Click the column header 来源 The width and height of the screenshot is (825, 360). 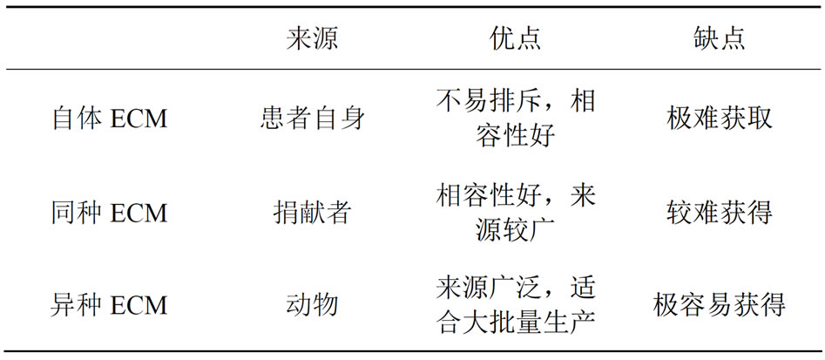pyautogui.click(x=312, y=38)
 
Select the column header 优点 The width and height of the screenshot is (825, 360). pyautogui.click(x=515, y=38)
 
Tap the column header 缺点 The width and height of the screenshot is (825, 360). pyautogui.click(x=719, y=38)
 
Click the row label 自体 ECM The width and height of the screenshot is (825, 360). pyautogui.click(x=110, y=119)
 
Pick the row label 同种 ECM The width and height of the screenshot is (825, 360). pyautogui.click(x=110, y=214)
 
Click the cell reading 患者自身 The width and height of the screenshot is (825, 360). pyautogui.click(x=312, y=119)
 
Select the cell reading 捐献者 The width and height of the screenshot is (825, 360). pyautogui.click(x=312, y=214)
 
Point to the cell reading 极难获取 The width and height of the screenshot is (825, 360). pyautogui.click(x=719, y=119)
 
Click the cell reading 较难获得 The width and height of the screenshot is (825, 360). pyautogui.click(x=719, y=214)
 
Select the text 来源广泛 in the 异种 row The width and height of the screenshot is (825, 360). pyautogui.click(x=489, y=288)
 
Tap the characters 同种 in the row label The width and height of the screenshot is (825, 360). pyautogui.click(x=78, y=214)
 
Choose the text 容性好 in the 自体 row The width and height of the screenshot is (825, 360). pyautogui.click(x=515, y=137)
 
